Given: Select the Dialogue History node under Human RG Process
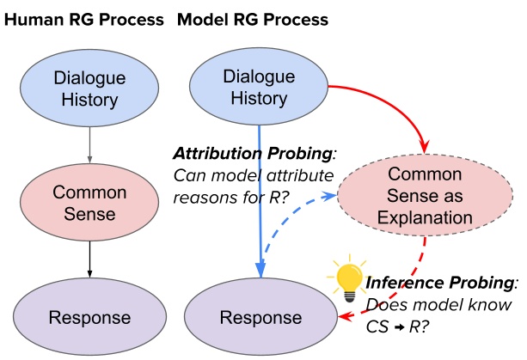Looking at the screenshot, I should tap(89, 88).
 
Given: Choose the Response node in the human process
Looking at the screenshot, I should tap(89, 317).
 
